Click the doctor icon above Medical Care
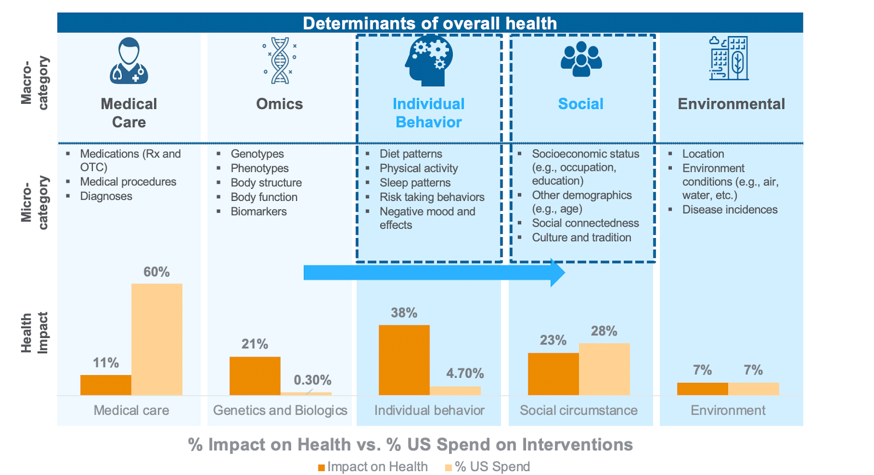click(x=129, y=61)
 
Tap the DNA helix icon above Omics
click(x=280, y=61)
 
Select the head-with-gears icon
click(x=429, y=61)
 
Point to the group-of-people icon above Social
click(x=581, y=59)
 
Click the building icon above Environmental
click(x=729, y=58)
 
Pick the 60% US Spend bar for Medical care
click(x=157, y=339)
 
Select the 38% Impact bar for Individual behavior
click(x=404, y=360)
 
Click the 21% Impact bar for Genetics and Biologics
click(x=255, y=376)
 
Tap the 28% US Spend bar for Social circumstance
click(x=604, y=369)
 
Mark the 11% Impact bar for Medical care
click(x=106, y=385)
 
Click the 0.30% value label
click(x=312, y=380)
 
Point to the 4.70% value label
click(x=465, y=373)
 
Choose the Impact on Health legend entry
click(x=373, y=467)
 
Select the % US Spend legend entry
click(x=488, y=467)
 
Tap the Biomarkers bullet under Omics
click(x=258, y=211)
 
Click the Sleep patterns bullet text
click(x=415, y=183)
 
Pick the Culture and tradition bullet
click(x=582, y=238)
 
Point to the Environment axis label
click(x=728, y=410)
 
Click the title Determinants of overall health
click(x=430, y=23)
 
